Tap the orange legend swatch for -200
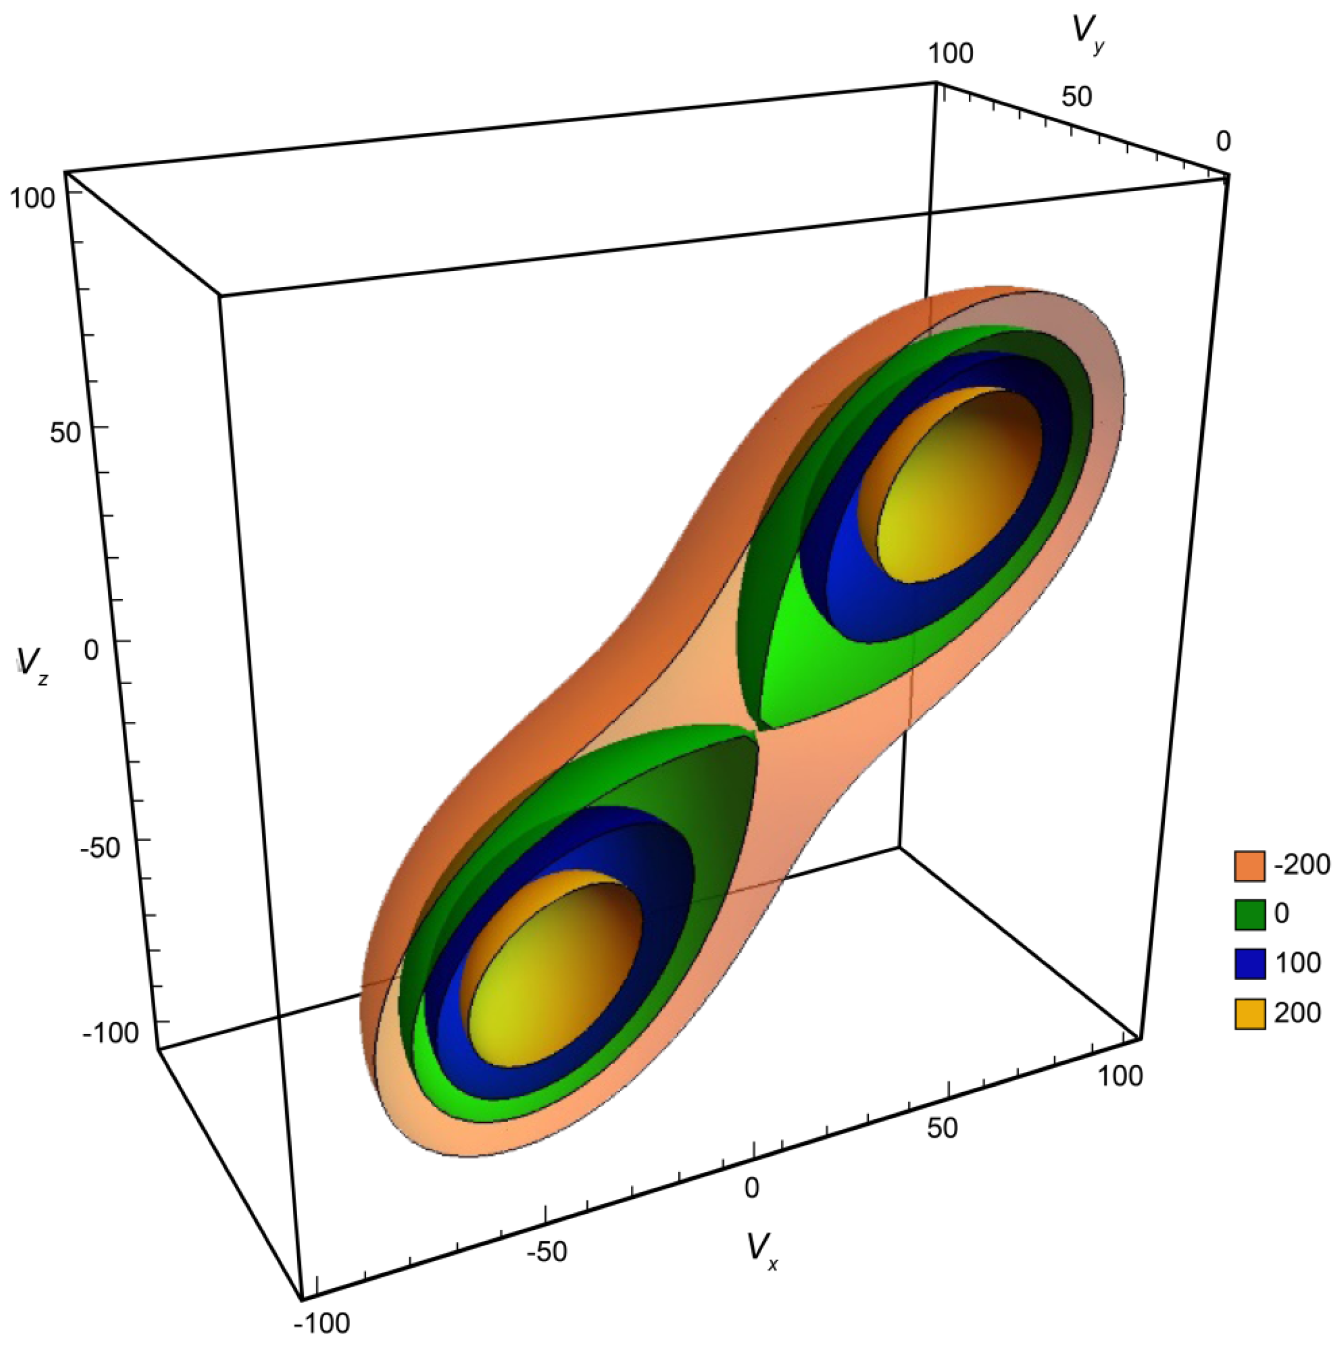coord(1249,866)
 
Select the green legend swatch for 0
coord(1249,915)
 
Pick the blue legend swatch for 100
coord(1249,963)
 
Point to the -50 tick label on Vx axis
coord(547,1252)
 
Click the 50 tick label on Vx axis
coord(942,1129)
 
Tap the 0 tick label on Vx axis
coord(751,1187)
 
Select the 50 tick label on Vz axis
coord(65,433)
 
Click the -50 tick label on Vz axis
coord(101,848)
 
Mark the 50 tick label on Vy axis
coord(1076,96)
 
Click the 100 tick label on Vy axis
coord(951,53)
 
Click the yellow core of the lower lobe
coord(551,970)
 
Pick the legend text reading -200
coord(1302,865)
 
